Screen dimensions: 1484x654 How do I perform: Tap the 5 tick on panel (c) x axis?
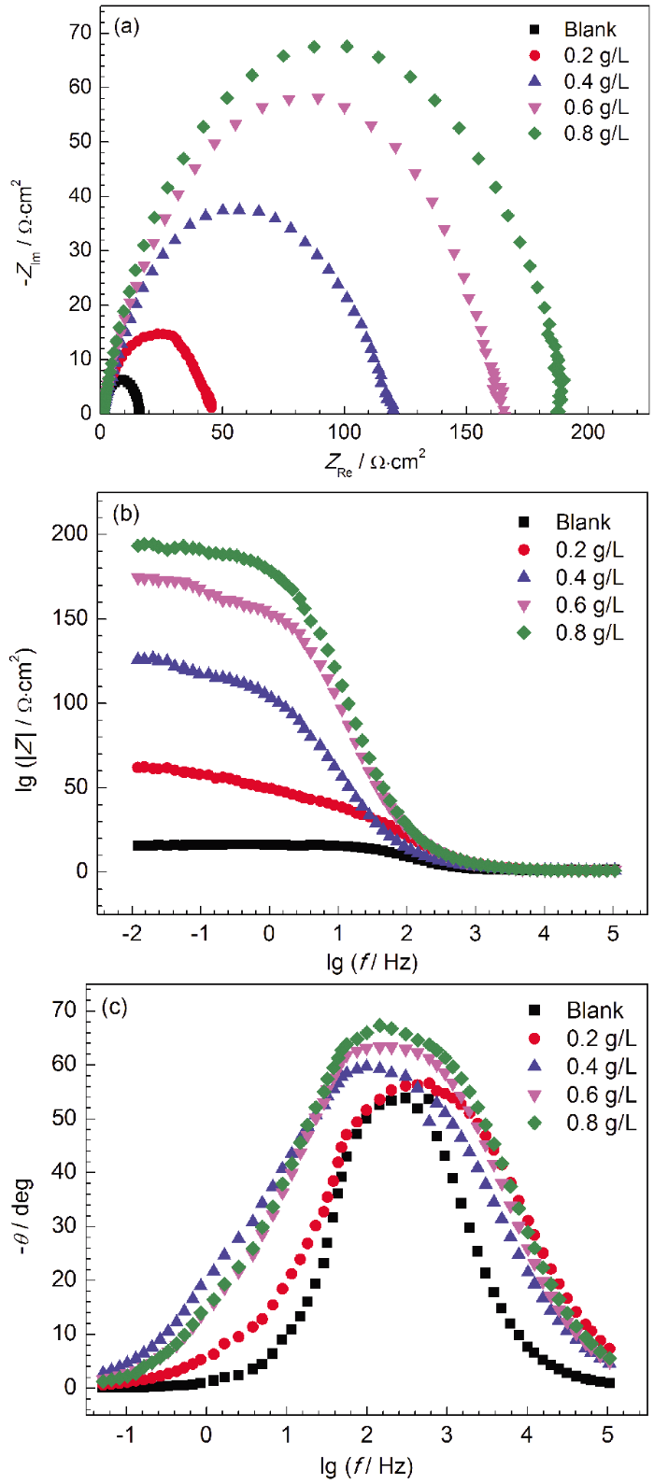(608, 1433)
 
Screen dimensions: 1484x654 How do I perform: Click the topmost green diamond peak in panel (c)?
(379, 1026)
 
